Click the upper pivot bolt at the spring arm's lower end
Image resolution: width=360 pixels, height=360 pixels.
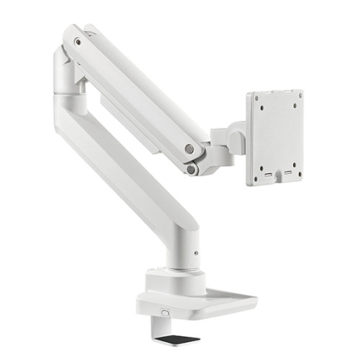tap(189, 149)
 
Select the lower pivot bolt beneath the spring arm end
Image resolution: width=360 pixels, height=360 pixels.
tap(191, 169)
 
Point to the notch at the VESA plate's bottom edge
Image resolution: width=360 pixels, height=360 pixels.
tap(280, 181)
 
